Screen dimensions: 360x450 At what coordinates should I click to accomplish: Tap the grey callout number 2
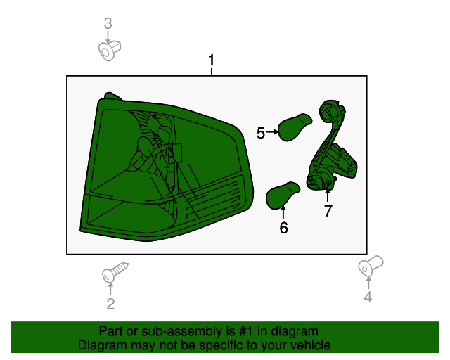110,304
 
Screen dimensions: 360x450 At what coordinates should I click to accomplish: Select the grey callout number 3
108,24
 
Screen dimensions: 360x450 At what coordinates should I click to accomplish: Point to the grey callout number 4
368,298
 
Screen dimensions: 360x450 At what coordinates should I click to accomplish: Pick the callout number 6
283,227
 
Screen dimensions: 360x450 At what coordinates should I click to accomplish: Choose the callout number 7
328,210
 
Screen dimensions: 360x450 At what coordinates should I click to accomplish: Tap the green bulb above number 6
283,193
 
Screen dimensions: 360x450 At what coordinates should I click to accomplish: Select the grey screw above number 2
117,271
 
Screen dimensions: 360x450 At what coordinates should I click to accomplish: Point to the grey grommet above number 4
368,266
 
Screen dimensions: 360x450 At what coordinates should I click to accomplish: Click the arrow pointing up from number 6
283,212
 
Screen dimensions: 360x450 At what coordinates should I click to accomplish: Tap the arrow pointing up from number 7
328,195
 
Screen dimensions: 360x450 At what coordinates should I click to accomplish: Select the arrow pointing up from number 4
368,282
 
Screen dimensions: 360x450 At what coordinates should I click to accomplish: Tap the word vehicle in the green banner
309,345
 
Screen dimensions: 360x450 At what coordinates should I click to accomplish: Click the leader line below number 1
211,71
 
